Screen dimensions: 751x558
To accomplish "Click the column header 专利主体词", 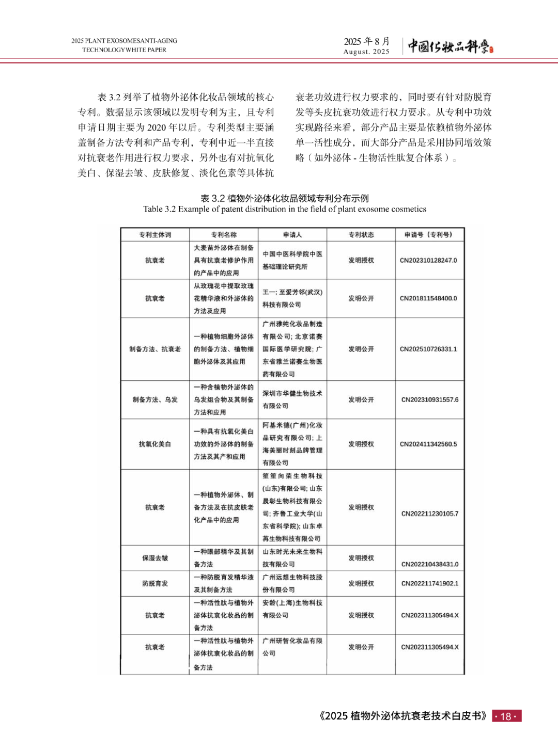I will (154, 235).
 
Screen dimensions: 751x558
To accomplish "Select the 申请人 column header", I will (292, 235).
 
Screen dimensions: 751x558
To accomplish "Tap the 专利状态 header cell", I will (361, 235).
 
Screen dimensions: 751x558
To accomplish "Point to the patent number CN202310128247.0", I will (428, 261).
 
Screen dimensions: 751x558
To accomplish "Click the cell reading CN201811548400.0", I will (428, 298).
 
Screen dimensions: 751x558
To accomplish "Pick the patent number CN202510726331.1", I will (428, 349).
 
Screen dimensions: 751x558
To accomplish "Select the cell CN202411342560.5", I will (428, 444).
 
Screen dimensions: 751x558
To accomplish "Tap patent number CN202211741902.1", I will (429, 584).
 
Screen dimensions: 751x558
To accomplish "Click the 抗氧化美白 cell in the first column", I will (154, 444).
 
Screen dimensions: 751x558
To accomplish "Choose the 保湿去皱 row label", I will (154, 558).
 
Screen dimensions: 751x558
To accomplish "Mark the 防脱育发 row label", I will (154, 584).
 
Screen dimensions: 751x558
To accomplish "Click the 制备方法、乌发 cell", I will (154, 400).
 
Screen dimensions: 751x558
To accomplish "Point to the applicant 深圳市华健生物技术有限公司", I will (292, 400).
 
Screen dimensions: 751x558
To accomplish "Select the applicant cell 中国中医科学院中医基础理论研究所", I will (292, 261).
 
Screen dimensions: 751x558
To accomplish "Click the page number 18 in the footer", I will (506, 716).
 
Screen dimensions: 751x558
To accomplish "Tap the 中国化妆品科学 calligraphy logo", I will (450, 46).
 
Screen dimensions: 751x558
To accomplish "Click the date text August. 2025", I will (366, 52).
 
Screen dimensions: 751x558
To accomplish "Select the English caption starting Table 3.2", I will (285, 209).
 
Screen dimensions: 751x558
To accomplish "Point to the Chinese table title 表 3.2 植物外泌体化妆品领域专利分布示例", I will (285, 198).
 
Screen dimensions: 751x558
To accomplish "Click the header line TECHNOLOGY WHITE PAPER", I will (124, 50).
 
